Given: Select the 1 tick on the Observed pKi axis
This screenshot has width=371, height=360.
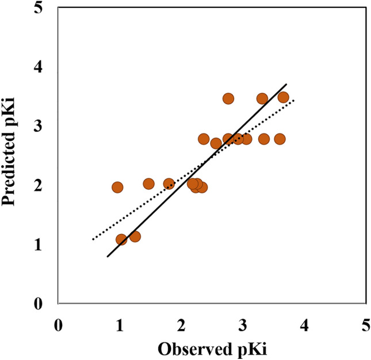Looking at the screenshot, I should tap(120, 324).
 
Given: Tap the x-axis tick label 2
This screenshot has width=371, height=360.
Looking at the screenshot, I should tap(181, 324).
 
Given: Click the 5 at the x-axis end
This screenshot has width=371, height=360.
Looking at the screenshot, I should tap(366, 324).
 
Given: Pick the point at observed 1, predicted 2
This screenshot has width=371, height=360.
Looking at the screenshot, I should tap(117, 187).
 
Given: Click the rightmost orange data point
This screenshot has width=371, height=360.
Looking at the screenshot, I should tap(283, 97).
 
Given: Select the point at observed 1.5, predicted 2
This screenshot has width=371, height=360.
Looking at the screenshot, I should tap(148, 184).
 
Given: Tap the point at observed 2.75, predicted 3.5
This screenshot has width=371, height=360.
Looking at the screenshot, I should tap(228, 98).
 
